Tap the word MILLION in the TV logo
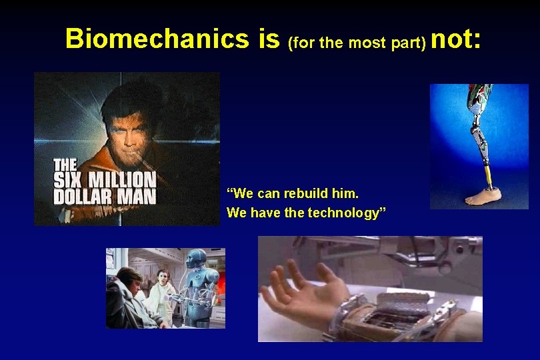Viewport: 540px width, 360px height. coord(123,180)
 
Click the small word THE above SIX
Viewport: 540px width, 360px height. coord(67,164)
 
